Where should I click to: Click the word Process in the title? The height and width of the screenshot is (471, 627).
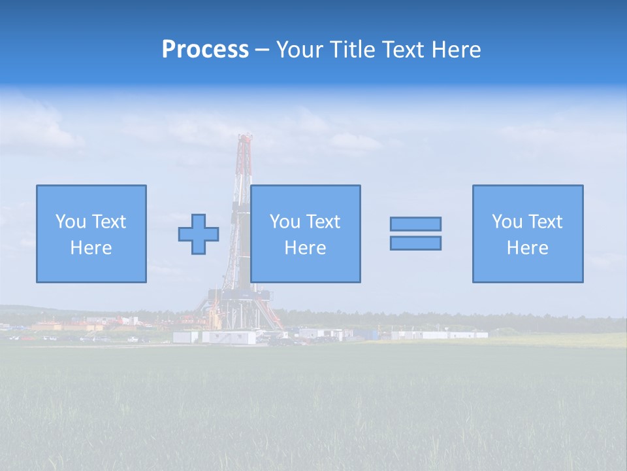tap(205, 50)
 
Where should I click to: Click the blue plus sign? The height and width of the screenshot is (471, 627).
tap(199, 234)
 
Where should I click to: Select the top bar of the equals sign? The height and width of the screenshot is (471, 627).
tap(415, 224)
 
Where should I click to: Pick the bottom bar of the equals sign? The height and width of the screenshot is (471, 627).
tap(415, 243)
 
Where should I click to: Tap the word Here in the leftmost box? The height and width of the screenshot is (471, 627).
tap(91, 248)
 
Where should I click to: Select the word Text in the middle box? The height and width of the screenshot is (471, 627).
tap(323, 222)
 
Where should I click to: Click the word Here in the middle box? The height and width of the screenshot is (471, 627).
tap(305, 248)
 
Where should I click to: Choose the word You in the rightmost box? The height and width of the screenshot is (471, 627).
tap(507, 222)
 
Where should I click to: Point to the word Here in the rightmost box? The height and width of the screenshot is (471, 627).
tap(527, 248)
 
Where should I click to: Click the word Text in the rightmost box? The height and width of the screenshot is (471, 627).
tap(545, 222)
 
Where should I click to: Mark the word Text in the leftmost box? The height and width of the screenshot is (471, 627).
tap(108, 222)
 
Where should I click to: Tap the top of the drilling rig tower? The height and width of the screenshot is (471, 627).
tap(245, 137)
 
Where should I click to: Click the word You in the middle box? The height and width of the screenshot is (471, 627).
tap(285, 222)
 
